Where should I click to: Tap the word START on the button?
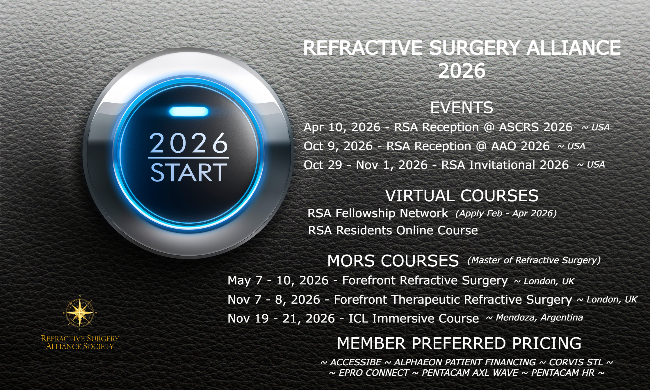[189, 172]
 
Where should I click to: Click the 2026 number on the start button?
[189, 143]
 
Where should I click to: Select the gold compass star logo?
[80, 313]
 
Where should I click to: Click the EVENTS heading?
[462, 108]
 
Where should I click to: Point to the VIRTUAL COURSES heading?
[462, 195]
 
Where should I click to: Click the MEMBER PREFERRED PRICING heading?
[459, 343]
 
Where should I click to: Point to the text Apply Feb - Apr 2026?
[506, 213]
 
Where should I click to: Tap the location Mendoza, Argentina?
[539, 317]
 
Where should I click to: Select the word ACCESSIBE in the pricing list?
[356, 362]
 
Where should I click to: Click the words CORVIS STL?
[576, 362]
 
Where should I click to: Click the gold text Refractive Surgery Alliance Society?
[80, 342]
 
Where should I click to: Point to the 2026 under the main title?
[462, 70]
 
